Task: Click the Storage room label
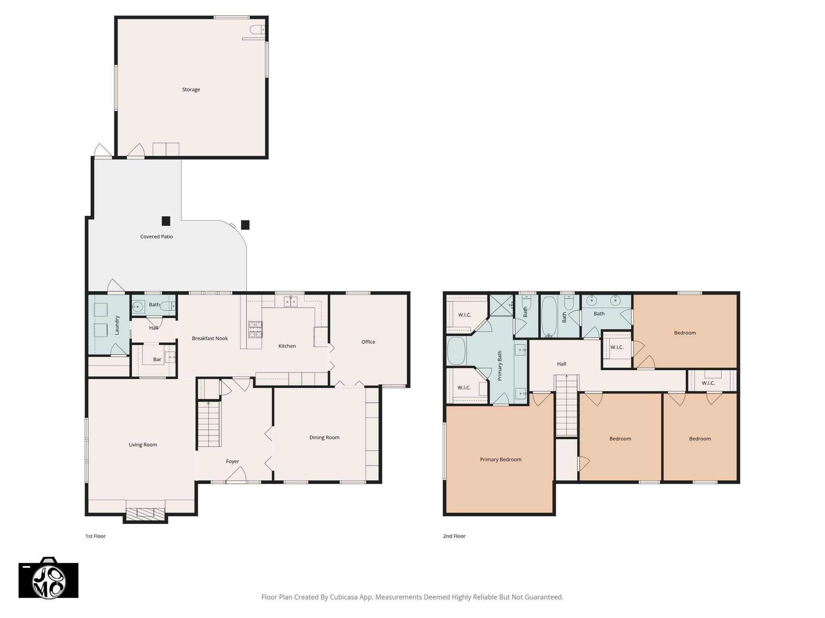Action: (191, 90)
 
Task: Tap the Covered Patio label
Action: (156, 237)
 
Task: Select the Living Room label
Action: (143, 445)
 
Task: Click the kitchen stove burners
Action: (255, 329)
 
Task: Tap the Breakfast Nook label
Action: (210, 338)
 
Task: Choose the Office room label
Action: (368, 342)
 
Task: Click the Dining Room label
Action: (324, 437)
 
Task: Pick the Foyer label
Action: (232, 461)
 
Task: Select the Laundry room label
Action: (117, 325)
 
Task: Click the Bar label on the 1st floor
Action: (157, 359)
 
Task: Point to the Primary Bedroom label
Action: (501, 459)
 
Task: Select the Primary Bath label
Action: (500, 366)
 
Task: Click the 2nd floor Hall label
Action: (562, 364)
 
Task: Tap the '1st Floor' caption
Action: (95, 536)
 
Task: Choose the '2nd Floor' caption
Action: (454, 536)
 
